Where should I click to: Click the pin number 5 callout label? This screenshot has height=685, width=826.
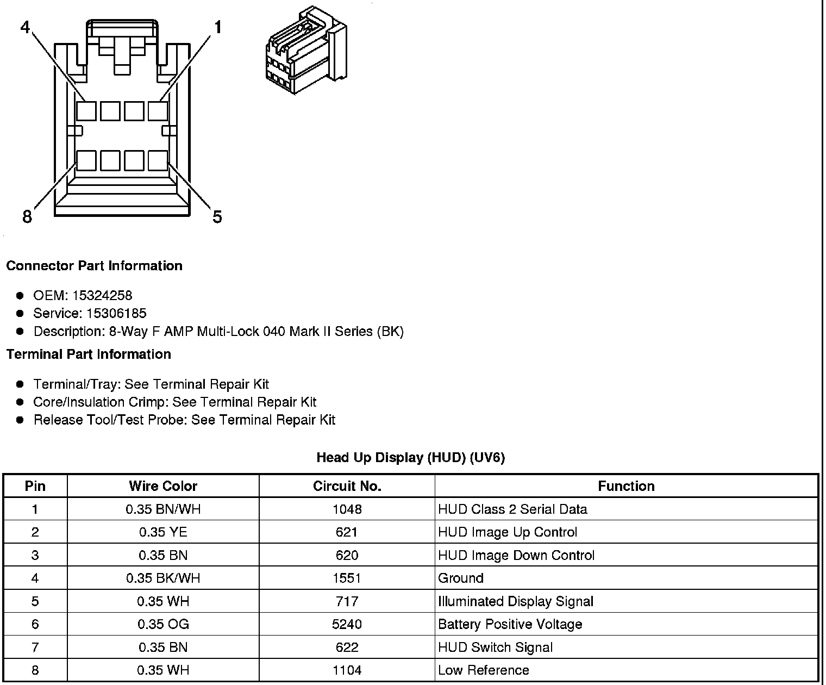[x=217, y=217]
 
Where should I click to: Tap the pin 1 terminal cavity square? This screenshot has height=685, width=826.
[x=158, y=111]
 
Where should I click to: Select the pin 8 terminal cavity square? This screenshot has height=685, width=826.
[x=86, y=161]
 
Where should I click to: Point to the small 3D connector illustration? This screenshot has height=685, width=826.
[x=305, y=51]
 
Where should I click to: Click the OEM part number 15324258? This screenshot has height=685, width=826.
[x=102, y=295]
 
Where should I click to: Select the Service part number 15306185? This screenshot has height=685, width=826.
[x=116, y=313]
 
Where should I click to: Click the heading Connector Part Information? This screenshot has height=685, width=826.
[x=94, y=266]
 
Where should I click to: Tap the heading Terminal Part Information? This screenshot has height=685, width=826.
[x=89, y=354]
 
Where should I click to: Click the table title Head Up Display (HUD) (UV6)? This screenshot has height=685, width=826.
[x=410, y=458]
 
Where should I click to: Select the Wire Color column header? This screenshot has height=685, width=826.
[x=163, y=486]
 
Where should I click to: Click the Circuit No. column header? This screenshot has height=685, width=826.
[x=347, y=486]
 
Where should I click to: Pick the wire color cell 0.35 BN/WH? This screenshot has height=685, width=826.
[x=163, y=509]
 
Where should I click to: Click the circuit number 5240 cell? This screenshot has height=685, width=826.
[x=347, y=624]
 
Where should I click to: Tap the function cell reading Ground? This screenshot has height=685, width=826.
[x=461, y=578]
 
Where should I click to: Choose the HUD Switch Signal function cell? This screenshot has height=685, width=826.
[x=495, y=647]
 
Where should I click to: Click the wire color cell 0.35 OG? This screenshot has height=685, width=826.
[x=163, y=624]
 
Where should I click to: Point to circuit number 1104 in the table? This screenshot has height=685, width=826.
[x=347, y=670]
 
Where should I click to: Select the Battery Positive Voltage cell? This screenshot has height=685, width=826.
[x=510, y=624]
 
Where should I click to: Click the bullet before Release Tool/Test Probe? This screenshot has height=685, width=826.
[x=20, y=420]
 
